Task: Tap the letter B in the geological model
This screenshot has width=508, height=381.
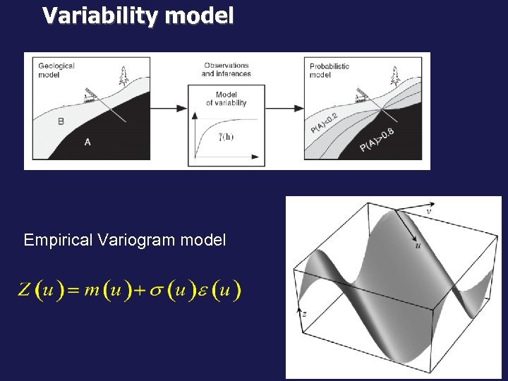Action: [61, 121]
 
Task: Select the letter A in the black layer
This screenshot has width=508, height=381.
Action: [87, 143]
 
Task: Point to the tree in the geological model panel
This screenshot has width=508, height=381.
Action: [124, 75]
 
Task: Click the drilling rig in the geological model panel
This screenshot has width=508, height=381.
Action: [90, 97]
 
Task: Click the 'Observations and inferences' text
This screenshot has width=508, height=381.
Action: [226, 70]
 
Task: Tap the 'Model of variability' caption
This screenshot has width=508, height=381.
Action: [226, 99]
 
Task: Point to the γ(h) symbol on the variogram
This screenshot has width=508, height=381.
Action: [226, 136]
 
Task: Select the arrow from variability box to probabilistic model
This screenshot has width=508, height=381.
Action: [285, 109]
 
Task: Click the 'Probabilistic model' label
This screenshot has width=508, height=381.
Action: [329, 70]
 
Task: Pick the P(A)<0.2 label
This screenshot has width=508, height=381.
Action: [324, 119]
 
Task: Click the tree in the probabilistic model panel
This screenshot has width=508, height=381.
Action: [395, 75]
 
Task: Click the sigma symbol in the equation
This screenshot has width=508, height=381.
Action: [156, 290]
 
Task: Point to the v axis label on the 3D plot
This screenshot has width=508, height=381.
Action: [429, 210]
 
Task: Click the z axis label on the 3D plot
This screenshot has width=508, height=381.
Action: [303, 313]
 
